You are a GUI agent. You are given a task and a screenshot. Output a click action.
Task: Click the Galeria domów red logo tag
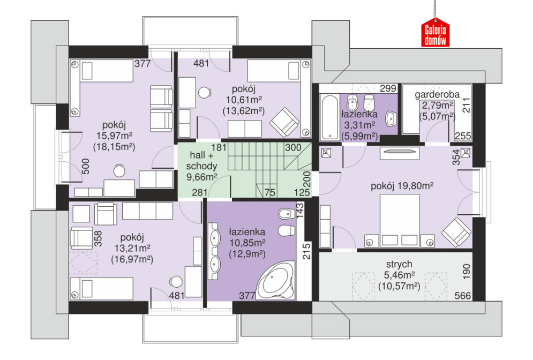435,34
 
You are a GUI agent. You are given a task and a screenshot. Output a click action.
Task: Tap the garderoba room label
437,94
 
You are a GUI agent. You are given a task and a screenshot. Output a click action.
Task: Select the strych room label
399,264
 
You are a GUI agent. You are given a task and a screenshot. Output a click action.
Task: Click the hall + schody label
201,161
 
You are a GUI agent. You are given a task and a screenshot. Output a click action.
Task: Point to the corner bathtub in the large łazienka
275,280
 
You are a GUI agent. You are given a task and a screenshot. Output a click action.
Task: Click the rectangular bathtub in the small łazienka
330,118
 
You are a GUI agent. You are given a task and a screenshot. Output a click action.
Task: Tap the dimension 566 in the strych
463,296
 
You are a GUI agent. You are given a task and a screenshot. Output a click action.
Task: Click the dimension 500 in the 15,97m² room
86,166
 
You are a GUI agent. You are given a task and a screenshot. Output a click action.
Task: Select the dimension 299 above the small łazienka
388,88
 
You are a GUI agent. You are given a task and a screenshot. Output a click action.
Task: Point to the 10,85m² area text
247,243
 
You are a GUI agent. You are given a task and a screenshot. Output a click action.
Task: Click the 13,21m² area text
132,248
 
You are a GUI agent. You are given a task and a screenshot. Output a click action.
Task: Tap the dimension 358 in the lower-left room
98,238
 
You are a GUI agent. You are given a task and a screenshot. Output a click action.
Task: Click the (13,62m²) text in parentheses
243,111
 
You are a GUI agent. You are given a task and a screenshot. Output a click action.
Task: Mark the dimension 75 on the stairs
270,192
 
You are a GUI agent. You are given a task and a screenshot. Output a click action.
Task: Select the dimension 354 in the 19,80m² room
456,157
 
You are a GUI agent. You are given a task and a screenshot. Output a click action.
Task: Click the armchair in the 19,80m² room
456,232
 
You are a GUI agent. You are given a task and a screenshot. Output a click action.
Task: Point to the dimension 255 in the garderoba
463,136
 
